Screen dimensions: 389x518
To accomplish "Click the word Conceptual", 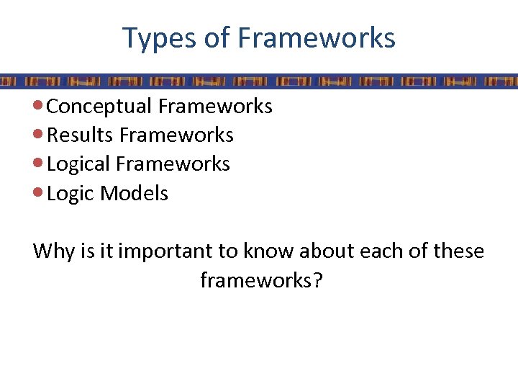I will [x=99, y=107].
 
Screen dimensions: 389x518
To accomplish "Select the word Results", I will [x=81, y=135].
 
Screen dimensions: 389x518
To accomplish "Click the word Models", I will [x=135, y=193].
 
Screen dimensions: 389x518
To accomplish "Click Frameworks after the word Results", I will [x=177, y=135].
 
